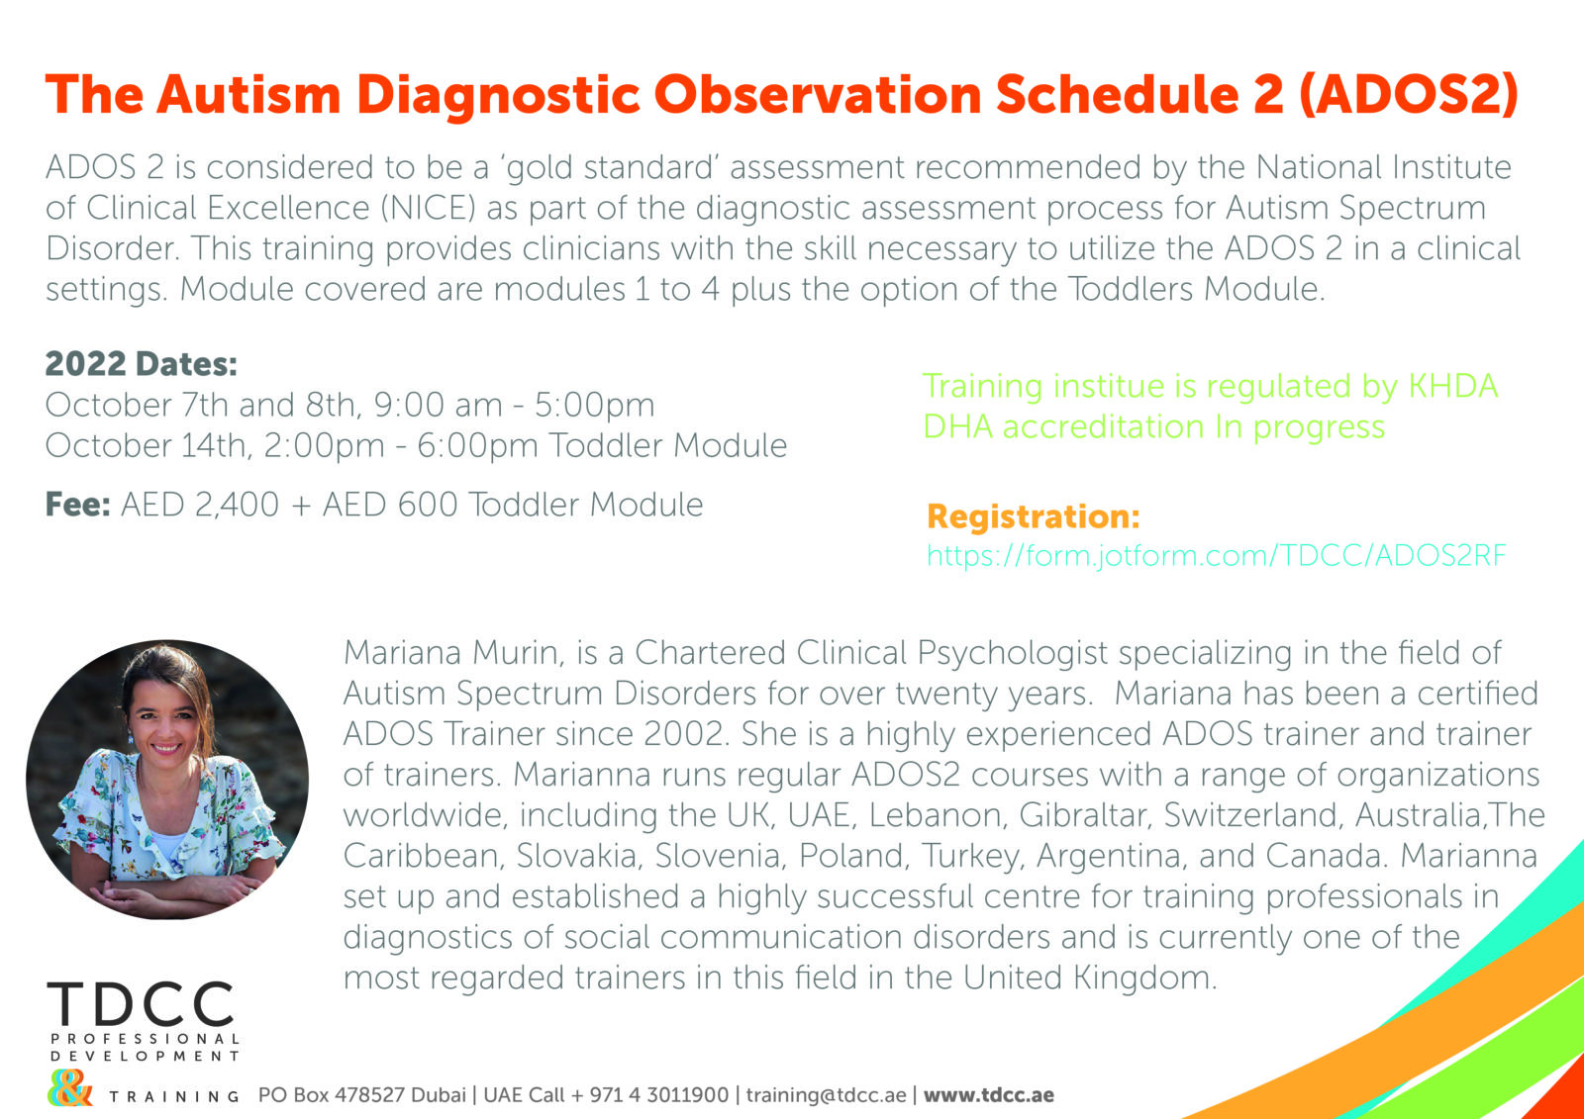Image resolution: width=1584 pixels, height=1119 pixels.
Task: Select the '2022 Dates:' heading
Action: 142,364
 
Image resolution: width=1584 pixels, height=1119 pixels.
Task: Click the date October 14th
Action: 146,445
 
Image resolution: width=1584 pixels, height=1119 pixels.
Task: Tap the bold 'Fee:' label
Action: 77,505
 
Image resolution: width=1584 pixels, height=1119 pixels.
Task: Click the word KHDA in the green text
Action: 1452,386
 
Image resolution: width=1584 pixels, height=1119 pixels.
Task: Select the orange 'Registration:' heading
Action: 1033,516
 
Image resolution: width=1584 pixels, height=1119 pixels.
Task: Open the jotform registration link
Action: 1216,555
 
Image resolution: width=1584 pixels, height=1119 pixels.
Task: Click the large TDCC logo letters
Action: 141,1004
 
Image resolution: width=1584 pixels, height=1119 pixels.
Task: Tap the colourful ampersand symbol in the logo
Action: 70,1090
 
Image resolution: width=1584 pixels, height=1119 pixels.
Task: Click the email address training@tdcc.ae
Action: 826,1095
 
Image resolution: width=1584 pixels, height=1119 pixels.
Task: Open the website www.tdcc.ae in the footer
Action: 988,1095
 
